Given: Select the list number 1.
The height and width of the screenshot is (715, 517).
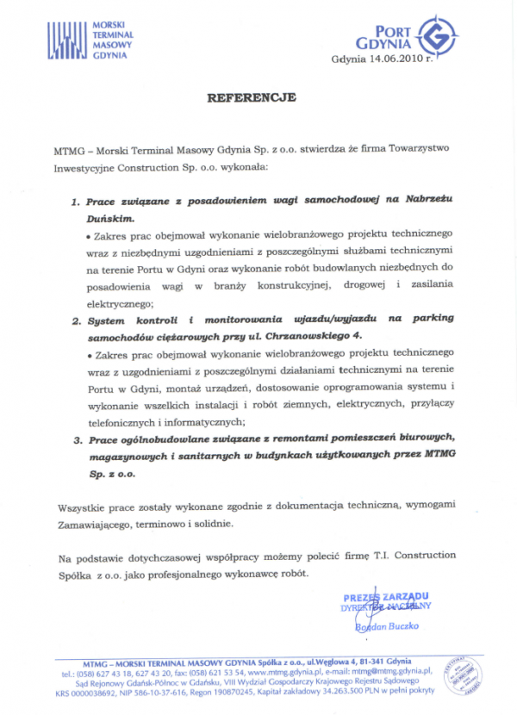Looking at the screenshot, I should [x=75, y=200].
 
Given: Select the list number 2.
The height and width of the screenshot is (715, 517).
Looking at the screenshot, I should [x=75, y=319].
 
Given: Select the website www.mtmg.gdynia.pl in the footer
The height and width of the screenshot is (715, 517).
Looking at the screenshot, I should [x=279, y=670].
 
